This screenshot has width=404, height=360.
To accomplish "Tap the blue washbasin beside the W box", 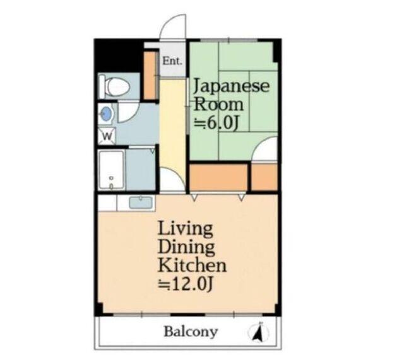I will [107, 114].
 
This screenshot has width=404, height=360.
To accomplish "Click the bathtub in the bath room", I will [112, 168].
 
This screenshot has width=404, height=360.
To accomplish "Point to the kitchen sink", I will [138, 202].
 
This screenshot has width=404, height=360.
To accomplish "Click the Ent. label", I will [172, 61].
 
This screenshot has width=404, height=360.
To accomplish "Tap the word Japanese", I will [231, 86].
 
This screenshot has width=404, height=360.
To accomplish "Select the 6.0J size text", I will [218, 123].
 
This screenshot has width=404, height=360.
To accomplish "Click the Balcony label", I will [191, 332].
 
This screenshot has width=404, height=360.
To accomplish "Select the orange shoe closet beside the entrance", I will [150, 76].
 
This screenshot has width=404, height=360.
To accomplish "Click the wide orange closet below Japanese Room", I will [218, 177].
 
